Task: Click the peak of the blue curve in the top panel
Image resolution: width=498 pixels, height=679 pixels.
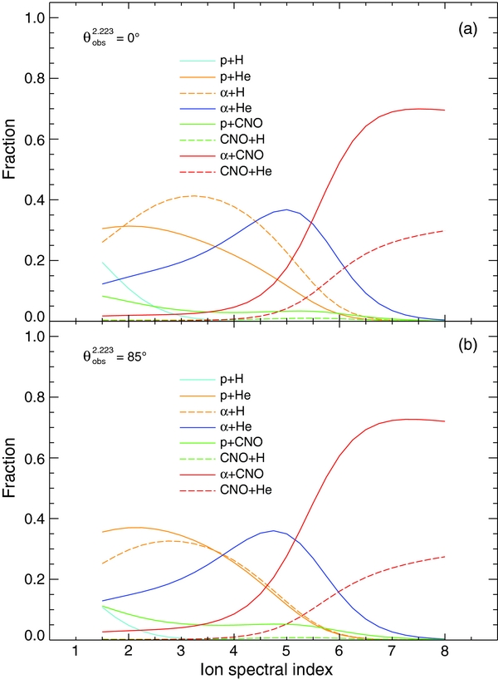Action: point(286,209)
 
